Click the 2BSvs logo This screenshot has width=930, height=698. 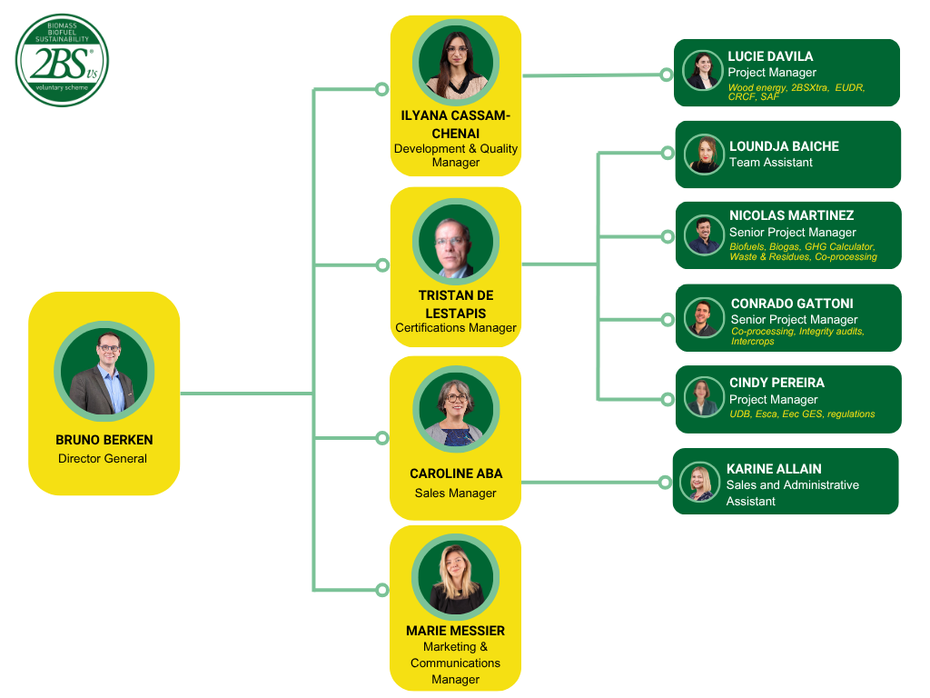click(x=62, y=60)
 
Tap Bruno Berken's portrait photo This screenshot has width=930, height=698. click(x=104, y=370)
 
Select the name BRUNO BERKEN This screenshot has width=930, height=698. click(x=104, y=440)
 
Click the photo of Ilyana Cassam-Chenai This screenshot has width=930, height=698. click(x=456, y=63)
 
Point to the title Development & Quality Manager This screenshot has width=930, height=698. click(x=456, y=155)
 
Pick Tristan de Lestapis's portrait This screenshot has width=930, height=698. click(x=456, y=242)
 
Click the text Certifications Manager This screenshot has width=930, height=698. click(x=456, y=327)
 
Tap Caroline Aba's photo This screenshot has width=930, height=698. click(x=456, y=410)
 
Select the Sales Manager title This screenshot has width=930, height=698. click(x=456, y=493)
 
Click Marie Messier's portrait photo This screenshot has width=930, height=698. click(x=456, y=577)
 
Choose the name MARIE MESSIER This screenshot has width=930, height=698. click(x=456, y=631)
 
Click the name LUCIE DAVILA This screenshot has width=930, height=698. click(x=770, y=56)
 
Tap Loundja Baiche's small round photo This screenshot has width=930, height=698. click(x=704, y=155)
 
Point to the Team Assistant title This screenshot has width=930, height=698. click(x=771, y=163)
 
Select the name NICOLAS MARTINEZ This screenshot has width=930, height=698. click(x=791, y=215)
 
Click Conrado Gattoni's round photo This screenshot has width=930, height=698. click(x=705, y=317)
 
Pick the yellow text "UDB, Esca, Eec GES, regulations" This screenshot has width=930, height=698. click(x=802, y=414)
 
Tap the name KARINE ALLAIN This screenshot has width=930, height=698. click(x=774, y=469)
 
